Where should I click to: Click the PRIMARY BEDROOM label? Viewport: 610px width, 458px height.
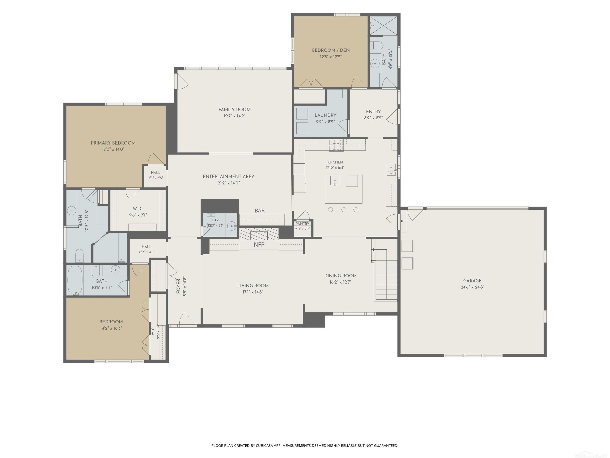tap(113, 143)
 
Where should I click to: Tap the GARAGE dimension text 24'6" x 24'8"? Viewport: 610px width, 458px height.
tap(472, 287)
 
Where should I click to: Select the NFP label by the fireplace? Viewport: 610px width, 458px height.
tap(259, 245)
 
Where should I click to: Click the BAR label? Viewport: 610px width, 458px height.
tap(259, 211)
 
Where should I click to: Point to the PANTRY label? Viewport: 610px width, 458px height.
tap(303, 224)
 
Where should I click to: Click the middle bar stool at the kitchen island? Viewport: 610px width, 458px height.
tap(344, 210)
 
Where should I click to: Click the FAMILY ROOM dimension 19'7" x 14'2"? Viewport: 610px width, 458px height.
tap(234, 116)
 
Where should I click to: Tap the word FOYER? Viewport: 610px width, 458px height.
tap(178, 286)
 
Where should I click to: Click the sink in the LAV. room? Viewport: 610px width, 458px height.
tap(232, 226)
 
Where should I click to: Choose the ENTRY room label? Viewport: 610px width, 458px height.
tap(373, 112)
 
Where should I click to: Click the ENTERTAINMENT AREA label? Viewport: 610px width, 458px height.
tap(229, 177)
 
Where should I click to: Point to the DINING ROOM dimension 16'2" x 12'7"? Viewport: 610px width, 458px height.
tap(340, 282)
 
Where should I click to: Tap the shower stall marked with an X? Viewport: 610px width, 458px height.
tap(383, 26)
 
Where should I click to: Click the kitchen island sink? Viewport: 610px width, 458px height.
tap(335, 181)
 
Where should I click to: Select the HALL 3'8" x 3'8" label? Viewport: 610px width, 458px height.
tap(156, 175)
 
